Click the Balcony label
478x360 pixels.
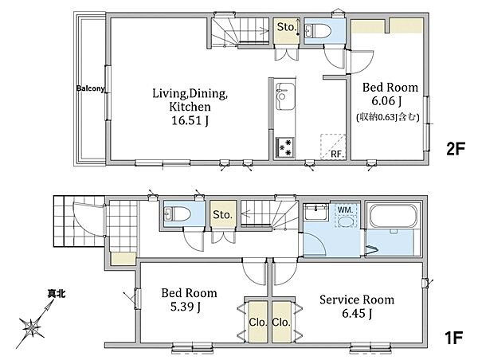(90, 88)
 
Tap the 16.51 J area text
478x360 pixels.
(190, 121)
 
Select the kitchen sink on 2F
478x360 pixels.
(285, 96)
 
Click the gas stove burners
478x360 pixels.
(285, 147)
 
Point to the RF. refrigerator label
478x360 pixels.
(337, 155)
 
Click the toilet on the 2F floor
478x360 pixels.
(317, 31)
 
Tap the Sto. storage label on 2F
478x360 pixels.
(287, 27)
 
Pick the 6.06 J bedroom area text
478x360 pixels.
(386, 101)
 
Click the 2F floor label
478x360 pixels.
(456, 150)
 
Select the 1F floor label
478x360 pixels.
(454, 338)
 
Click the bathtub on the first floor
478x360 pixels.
(394, 216)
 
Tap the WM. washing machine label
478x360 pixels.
(346, 209)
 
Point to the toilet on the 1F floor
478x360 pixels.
(177, 213)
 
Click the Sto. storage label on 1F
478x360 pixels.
(223, 214)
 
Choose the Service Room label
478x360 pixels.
(357, 300)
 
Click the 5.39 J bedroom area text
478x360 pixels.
(186, 307)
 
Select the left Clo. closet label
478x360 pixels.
(258, 322)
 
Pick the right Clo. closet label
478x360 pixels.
(281, 322)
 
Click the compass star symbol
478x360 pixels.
(31, 328)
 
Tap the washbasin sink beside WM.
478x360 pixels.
(315, 211)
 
